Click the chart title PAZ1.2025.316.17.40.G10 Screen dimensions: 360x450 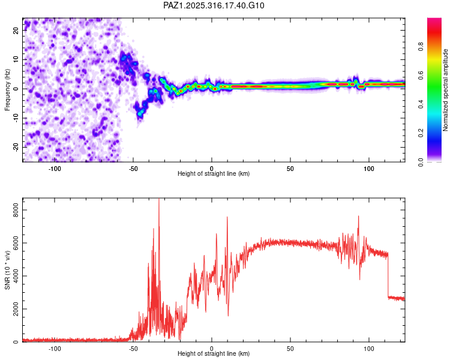tap(214, 5)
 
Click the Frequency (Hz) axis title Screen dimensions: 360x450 tap(7, 90)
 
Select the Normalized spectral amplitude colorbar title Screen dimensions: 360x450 tap(446, 90)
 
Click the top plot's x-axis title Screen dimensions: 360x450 tap(214, 173)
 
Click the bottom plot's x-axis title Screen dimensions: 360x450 tap(214, 354)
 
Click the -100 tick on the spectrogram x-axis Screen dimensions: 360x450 tap(55, 168)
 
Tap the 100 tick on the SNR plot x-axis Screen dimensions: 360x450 tap(368, 349)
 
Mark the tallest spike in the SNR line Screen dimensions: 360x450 tap(158, 200)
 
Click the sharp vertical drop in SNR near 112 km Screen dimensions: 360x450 tap(388, 276)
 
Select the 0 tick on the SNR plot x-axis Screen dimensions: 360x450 tap(212, 349)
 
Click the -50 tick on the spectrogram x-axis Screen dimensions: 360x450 tap(133, 168)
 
